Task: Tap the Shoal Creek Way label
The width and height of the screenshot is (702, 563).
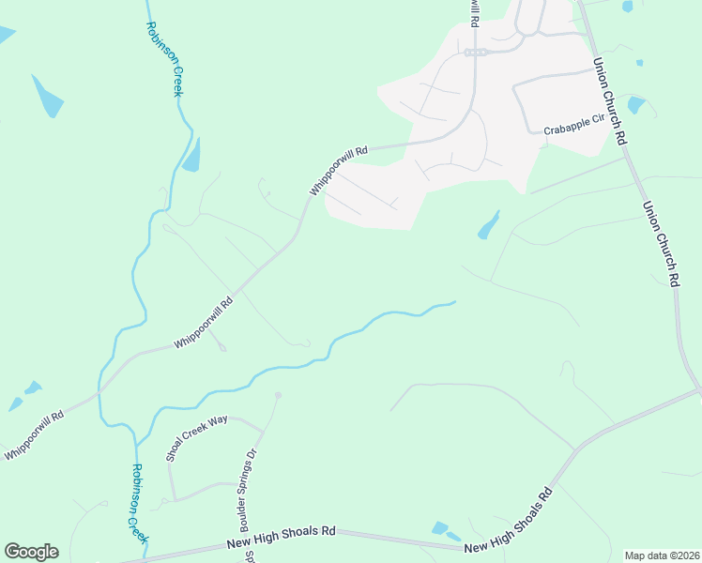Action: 197,438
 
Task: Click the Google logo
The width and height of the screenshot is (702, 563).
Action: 31,552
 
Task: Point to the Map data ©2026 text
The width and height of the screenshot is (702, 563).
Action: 663,555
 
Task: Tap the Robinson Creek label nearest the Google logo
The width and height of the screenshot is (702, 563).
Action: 139,503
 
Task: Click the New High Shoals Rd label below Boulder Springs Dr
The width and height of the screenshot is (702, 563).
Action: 282,538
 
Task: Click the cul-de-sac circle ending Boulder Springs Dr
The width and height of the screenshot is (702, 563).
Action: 278,396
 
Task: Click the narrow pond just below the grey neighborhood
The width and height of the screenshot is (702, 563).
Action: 488,225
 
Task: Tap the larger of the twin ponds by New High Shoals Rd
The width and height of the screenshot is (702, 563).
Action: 439,528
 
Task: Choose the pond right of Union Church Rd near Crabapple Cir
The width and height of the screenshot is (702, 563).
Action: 636,104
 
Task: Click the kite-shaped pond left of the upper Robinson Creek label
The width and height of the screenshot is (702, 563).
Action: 47,97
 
